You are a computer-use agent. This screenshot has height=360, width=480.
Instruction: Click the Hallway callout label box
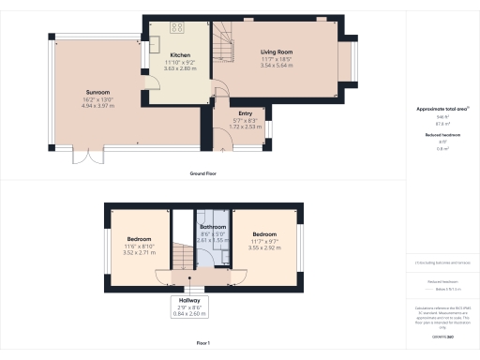pyautogui.click(x=190, y=300)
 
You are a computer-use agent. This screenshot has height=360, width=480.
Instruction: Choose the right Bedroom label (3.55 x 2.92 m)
pyautogui.click(x=263, y=233)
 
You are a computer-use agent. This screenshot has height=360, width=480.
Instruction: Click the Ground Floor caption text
pyautogui.click(x=204, y=173)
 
